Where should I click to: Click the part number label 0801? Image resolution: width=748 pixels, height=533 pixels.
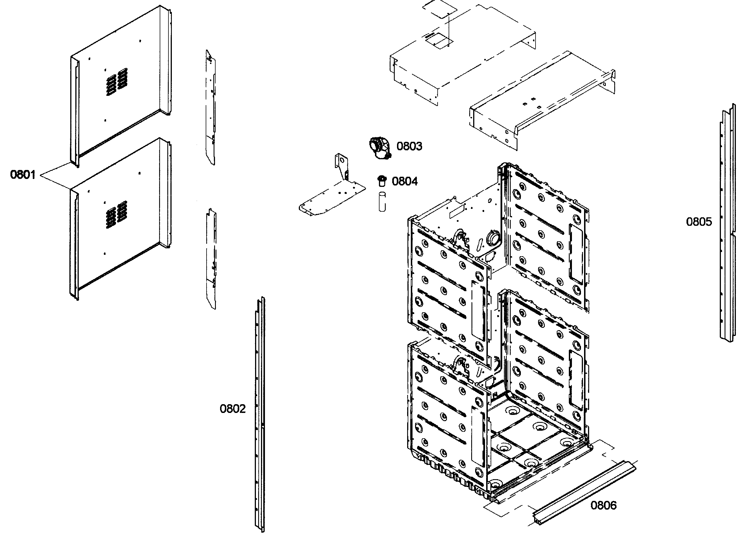(x=23, y=174)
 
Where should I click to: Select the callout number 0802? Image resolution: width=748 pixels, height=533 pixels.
(x=232, y=409)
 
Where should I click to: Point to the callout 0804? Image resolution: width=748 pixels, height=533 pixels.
(x=405, y=181)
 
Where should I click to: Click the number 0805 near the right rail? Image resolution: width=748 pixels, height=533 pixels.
(x=699, y=222)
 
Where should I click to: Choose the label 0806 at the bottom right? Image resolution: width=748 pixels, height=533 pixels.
(x=604, y=505)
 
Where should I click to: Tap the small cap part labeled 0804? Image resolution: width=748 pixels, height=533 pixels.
(x=381, y=180)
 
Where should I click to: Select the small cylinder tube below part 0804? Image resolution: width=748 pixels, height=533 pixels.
(x=382, y=202)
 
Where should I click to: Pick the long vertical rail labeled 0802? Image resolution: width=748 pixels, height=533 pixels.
(x=260, y=413)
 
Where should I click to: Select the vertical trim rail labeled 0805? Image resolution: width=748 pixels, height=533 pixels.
(x=727, y=223)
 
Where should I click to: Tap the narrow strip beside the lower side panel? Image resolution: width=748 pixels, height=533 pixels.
(x=211, y=259)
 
